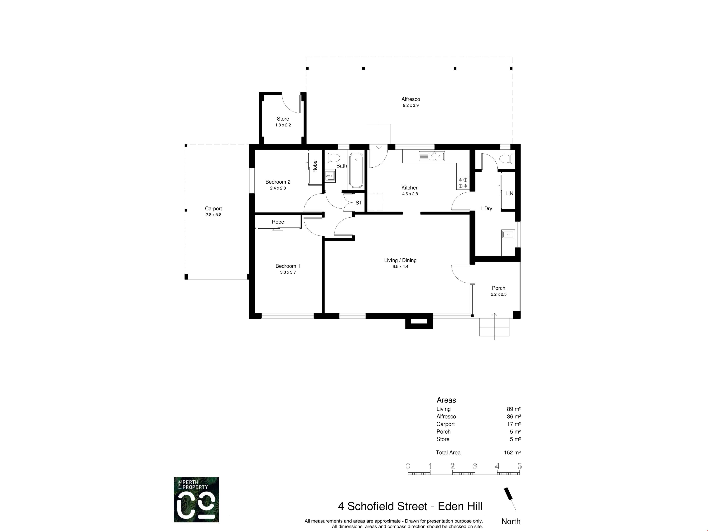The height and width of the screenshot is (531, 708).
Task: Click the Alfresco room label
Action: [x=411, y=99]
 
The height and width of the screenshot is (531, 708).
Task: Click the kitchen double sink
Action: [x=432, y=156]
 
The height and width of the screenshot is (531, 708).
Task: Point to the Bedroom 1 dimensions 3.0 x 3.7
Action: [x=288, y=272]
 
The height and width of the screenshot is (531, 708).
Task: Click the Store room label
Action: [x=283, y=119]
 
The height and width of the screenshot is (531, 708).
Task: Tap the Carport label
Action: [x=214, y=208]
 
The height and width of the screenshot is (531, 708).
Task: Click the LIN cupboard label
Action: [x=509, y=193]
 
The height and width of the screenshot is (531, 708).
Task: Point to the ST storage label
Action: [x=359, y=203]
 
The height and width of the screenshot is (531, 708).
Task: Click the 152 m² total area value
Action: [x=512, y=453]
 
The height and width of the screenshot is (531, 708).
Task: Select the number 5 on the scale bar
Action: [x=520, y=466]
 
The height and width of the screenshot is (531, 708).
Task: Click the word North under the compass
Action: [x=511, y=521]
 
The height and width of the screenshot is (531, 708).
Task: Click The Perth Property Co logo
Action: [x=196, y=500]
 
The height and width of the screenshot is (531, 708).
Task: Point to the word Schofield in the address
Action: [x=387, y=506]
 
